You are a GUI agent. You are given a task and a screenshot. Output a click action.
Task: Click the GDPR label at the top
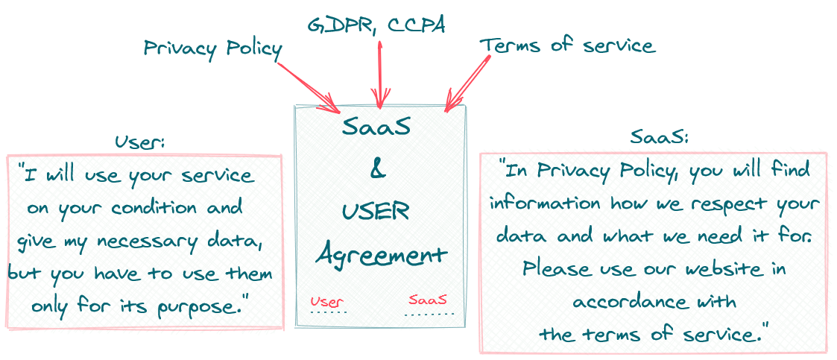click(x=340, y=25)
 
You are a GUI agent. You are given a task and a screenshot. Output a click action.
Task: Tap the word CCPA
click(x=417, y=25)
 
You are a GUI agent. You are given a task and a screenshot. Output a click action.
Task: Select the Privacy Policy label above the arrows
click(x=213, y=50)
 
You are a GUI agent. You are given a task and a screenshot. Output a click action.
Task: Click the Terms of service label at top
click(x=567, y=45)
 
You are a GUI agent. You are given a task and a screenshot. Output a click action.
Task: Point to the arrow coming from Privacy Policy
click(x=309, y=88)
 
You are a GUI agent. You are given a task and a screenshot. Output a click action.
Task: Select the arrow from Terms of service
click(x=467, y=84)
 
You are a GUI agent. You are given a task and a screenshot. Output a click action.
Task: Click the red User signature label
click(x=326, y=302)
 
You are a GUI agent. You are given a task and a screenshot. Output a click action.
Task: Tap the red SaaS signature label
click(x=428, y=299)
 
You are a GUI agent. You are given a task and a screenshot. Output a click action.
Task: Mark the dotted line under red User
click(x=329, y=312)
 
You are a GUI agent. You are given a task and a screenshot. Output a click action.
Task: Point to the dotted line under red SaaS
click(x=429, y=314)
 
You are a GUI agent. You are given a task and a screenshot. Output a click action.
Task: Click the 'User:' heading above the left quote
click(x=140, y=142)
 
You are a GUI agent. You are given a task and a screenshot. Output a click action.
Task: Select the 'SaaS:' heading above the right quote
click(x=660, y=137)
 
